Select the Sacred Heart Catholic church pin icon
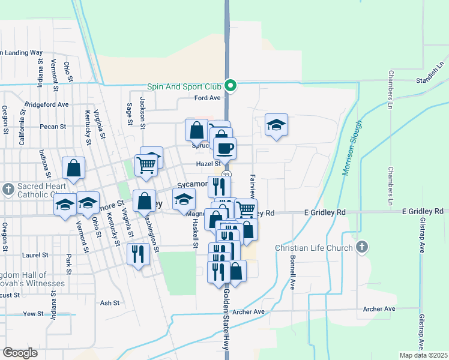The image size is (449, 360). pos(8,190)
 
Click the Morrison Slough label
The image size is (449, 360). pos(353,148)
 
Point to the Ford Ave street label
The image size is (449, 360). pos(208,98)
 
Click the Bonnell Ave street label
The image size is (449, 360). pos(292,274)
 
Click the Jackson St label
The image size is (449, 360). pos(143,113)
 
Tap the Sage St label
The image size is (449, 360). pos(129,113)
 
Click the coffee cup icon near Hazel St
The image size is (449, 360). pos(224,148)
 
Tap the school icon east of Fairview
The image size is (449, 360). pos(276,125)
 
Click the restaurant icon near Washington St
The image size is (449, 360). pos(138,254)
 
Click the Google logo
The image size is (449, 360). pos(20,353)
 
